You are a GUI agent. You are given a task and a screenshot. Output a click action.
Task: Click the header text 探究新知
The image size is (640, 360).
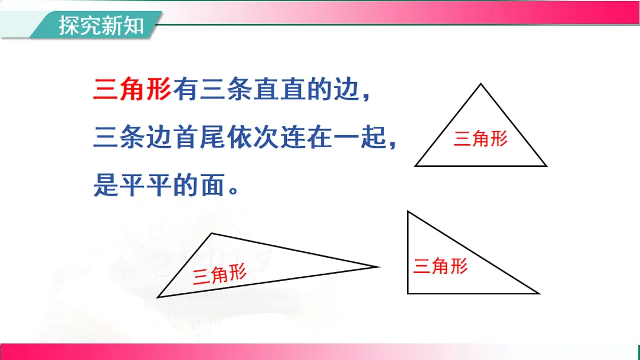(x=101, y=25)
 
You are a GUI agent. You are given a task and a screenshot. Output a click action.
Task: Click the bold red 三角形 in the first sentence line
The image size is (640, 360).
(x=132, y=90)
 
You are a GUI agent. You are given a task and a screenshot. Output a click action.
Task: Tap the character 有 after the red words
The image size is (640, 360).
(x=185, y=90)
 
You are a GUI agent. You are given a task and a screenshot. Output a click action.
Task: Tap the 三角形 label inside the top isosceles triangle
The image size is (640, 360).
(x=481, y=139)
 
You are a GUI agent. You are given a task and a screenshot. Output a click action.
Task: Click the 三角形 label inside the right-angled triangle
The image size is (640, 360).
(x=441, y=265)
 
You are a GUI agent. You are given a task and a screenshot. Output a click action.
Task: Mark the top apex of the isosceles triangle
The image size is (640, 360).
(x=481, y=84)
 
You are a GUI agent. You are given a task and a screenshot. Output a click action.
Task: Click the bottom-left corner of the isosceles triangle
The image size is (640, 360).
(x=415, y=166)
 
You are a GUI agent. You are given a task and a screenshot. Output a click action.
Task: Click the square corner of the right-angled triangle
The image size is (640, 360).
(x=408, y=293)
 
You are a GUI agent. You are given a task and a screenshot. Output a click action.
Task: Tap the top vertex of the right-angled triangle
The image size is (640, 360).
(x=408, y=212)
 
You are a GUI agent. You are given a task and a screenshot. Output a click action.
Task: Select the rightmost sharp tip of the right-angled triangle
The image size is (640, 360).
(x=539, y=293)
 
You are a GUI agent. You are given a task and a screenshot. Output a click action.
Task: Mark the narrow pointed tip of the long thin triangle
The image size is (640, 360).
(x=378, y=266)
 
